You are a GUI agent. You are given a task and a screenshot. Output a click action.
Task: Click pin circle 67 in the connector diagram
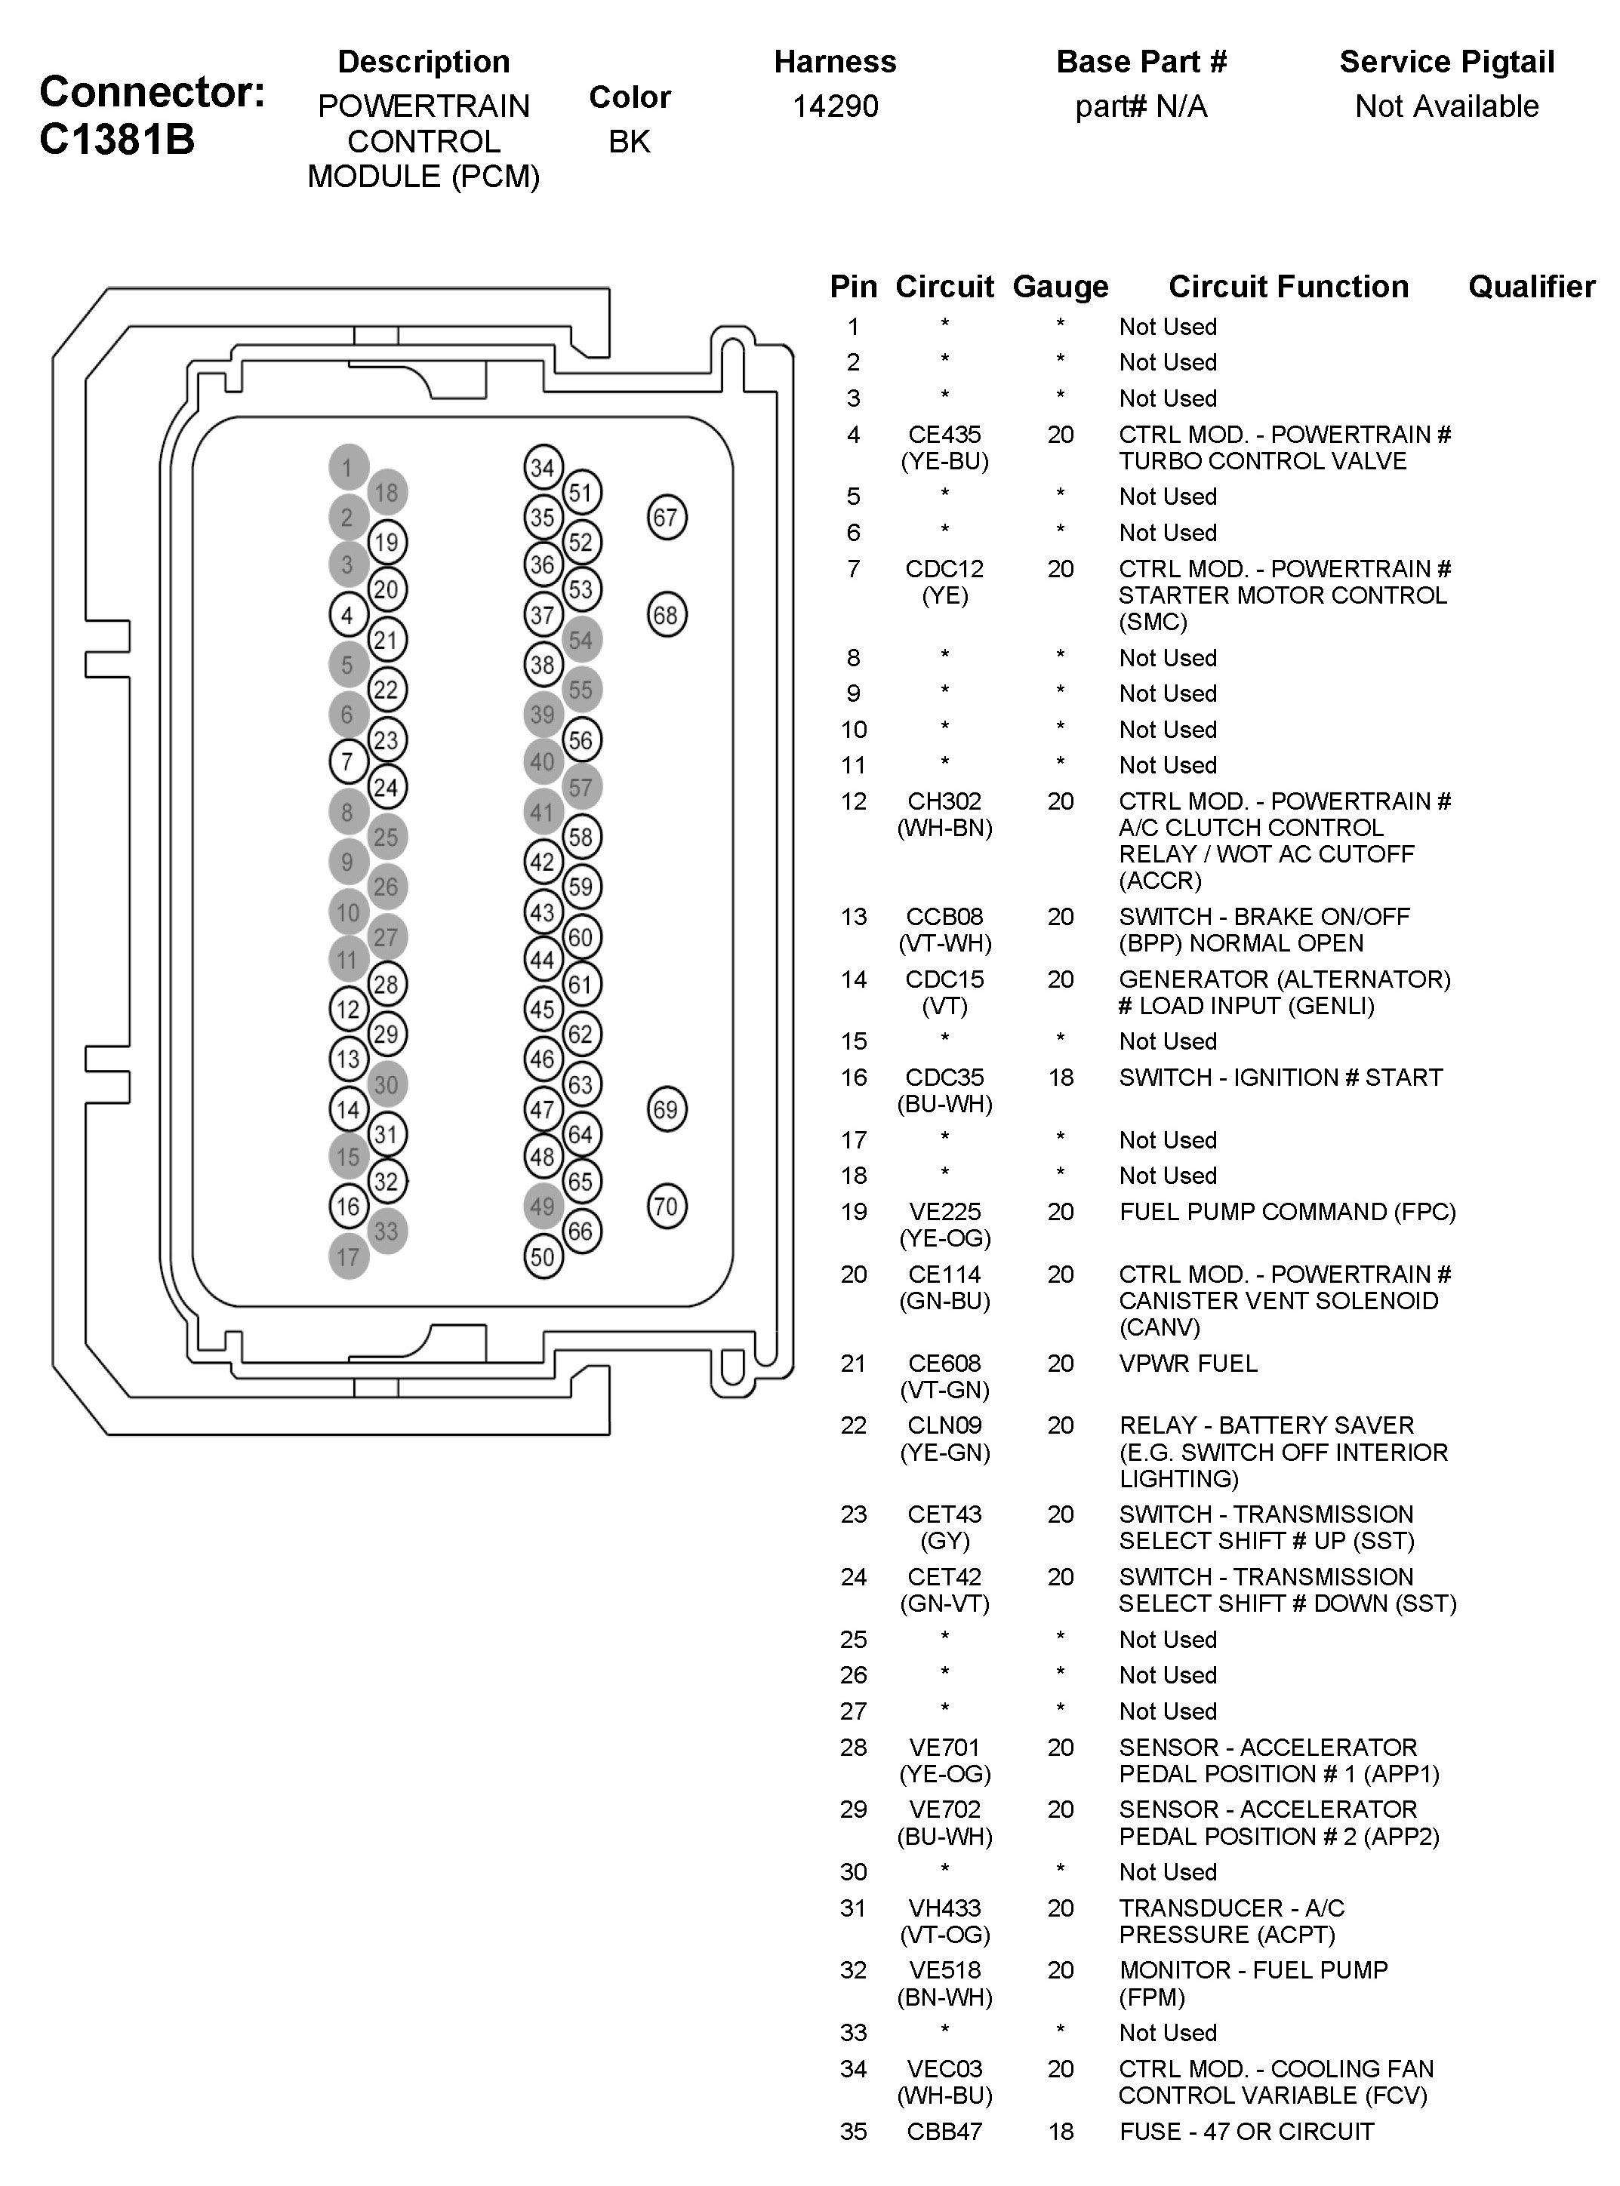click(667, 518)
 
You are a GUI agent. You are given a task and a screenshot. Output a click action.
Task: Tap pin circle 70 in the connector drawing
click(667, 1206)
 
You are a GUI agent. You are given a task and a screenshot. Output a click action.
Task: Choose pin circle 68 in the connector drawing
click(667, 616)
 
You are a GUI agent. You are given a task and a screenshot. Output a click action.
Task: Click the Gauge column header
click(1060, 286)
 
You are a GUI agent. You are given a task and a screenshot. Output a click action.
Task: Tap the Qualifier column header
click(1531, 286)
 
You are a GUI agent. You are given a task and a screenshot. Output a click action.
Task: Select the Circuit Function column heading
click(1288, 286)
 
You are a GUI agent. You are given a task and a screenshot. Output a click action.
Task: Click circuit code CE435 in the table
click(944, 435)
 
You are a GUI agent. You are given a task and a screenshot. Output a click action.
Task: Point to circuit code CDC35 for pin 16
click(944, 1078)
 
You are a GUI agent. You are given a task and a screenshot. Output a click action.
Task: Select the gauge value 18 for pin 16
click(1060, 1078)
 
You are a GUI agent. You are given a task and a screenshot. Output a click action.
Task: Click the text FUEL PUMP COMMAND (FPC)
click(1286, 1212)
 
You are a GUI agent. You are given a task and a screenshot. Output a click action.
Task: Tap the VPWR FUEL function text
click(1187, 1363)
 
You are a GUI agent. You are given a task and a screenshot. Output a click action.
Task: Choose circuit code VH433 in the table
click(944, 1908)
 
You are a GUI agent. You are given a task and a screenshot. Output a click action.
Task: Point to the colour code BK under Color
click(629, 141)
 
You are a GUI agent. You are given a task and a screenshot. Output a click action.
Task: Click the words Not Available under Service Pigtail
click(1446, 106)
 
